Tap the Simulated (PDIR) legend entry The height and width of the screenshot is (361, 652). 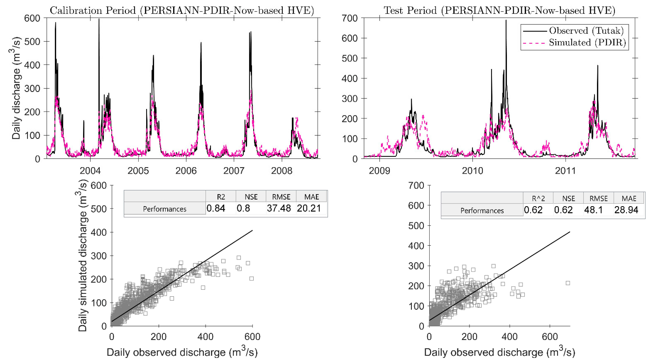click(x=587, y=43)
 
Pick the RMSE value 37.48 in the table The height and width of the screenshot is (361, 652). click(x=279, y=208)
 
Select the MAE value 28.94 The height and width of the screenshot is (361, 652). click(x=626, y=210)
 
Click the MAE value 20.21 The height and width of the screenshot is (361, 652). click(x=309, y=208)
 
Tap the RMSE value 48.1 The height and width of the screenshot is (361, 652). click(x=593, y=210)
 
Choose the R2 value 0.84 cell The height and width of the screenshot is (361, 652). click(x=216, y=208)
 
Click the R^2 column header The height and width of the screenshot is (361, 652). click(x=538, y=199)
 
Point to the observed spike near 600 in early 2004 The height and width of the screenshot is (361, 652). click(x=99, y=20)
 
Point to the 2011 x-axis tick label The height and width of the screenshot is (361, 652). click(x=565, y=171)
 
